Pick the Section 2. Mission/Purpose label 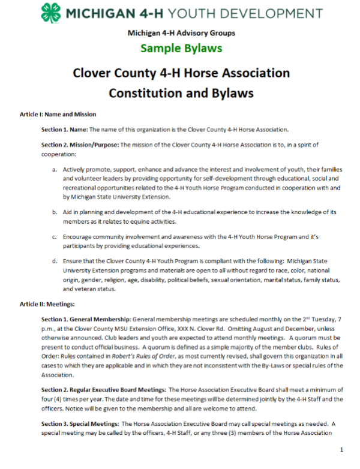(80, 145)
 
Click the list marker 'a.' (55, 170)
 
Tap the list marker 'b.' (55, 212)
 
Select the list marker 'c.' (55, 236)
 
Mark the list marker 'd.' (55, 261)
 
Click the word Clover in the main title (92, 74)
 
